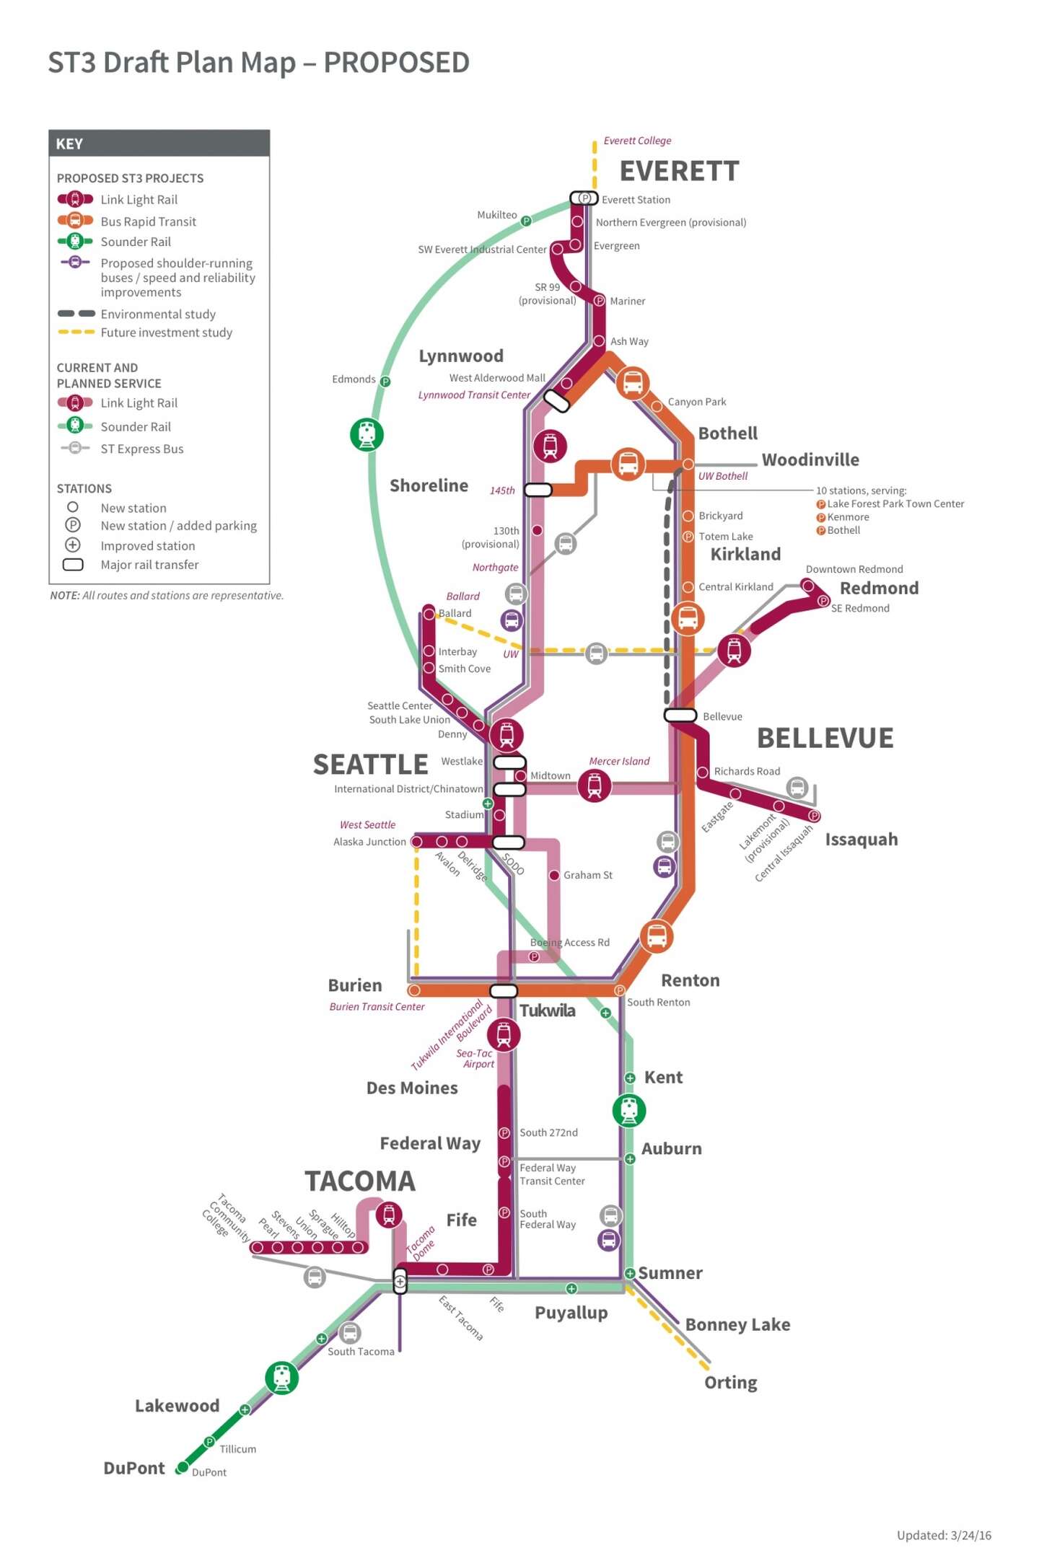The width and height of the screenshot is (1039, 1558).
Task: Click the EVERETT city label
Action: (679, 172)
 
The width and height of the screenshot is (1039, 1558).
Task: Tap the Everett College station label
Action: (637, 141)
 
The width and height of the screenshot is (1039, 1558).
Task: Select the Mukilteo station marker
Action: (526, 221)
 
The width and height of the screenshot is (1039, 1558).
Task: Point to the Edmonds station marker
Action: (385, 382)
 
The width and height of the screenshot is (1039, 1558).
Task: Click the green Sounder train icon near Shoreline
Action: (367, 435)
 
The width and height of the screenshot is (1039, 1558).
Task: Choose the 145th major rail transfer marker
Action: (538, 490)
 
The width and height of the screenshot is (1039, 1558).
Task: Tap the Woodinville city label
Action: (810, 460)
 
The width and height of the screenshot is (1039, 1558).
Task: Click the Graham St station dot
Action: (554, 875)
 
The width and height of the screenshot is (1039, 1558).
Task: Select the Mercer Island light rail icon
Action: (595, 785)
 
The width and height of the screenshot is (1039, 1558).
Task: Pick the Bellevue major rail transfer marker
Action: (680, 716)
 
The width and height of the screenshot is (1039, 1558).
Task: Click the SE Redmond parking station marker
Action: (823, 601)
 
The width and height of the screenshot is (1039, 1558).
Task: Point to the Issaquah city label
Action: (862, 840)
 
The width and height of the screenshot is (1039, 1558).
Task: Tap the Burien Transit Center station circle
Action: (414, 990)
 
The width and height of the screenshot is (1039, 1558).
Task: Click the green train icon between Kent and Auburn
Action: (629, 1111)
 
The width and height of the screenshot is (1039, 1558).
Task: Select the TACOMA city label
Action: (360, 1181)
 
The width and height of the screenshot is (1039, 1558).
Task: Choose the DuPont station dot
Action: (183, 1467)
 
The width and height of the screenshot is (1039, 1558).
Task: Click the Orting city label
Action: (730, 1383)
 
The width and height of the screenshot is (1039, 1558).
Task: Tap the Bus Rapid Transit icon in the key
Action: (75, 221)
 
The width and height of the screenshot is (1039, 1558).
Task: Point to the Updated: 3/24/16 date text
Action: (944, 1535)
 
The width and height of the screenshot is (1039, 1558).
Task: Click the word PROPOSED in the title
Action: (396, 63)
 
